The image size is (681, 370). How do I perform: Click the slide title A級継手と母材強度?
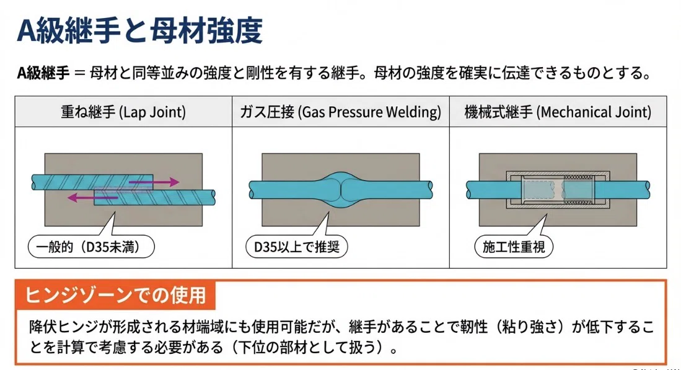click(x=139, y=30)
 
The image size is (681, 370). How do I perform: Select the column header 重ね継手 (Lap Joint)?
click(x=123, y=112)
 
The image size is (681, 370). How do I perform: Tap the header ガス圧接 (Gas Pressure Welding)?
click(x=341, y=112)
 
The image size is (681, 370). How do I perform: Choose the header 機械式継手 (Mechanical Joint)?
click(x=558, y=112)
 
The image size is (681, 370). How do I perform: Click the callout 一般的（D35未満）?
click(x=91, y=247)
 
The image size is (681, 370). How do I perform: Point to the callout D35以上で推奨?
click(x=297, y=247)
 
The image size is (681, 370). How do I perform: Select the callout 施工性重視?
click(x=514, y=247)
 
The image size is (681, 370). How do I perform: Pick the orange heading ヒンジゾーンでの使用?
click(x=115, y=295)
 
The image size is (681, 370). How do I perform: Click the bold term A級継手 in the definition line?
click(x=43, y=73)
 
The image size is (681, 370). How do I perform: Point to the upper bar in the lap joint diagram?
click(x=92, y=182)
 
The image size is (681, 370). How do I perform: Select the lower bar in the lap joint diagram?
click(x=155, y=197)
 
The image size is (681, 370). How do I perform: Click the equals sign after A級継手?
click(x=79, y=73)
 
